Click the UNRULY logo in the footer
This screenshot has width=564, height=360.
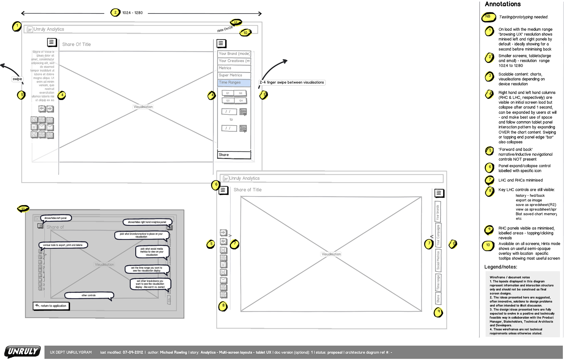22,351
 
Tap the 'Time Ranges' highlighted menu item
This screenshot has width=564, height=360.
234,83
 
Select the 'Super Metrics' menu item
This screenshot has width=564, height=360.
234,75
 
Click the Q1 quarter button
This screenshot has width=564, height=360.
228,93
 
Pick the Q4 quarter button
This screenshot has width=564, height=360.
241,101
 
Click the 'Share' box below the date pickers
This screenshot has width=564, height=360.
234,155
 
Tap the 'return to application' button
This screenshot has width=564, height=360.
51,306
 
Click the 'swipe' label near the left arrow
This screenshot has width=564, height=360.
17,79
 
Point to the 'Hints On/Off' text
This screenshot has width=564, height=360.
225,29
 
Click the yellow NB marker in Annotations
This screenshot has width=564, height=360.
488,17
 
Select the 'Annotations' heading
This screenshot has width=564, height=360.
503,4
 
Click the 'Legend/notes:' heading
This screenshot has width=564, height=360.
501,267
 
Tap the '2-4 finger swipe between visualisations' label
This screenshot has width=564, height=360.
292,83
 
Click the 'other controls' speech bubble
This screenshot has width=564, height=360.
89,295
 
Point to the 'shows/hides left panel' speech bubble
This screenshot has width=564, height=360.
56,218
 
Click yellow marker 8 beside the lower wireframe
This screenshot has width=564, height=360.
223,306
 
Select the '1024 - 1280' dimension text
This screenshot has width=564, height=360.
132,13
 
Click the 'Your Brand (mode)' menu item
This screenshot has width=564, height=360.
234,54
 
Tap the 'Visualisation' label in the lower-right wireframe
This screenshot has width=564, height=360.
331,254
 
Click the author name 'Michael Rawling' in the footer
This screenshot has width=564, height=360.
173,352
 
